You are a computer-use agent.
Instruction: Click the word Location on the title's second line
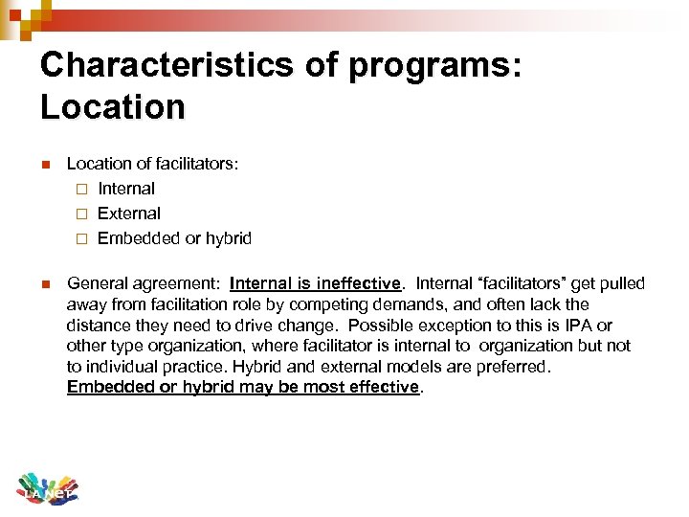coord(113,106)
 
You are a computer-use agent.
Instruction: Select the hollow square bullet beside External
coord(82,214)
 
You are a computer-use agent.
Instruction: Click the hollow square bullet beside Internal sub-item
coord(82,189)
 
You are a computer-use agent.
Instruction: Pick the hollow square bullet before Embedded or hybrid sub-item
coord(82,238)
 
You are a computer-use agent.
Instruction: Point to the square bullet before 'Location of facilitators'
coord(44,164)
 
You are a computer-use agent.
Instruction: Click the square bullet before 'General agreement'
coord(44,283)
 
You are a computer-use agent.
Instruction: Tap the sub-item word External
coord(129,214)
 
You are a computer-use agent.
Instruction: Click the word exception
coord(467,326)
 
